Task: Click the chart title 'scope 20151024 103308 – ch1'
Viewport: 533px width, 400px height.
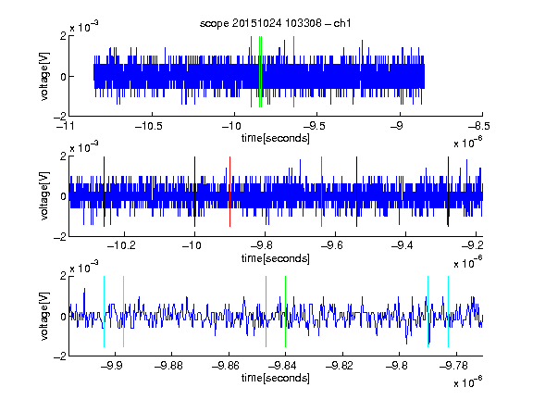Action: coord(275,23)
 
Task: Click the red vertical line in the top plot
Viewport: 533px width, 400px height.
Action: coord(251,72)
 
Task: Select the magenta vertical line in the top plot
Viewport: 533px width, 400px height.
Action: coord(293,72)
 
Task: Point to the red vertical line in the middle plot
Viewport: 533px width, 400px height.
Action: coord(229,192)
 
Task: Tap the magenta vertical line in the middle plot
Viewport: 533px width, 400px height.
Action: coord(322,192)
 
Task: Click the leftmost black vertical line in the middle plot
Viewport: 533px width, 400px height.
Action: coord(104,192)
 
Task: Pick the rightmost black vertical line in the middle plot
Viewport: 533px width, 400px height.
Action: coord(448,192)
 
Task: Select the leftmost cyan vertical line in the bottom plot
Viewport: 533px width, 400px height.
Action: coord(104,311)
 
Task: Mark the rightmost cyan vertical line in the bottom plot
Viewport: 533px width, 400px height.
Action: coord(448,311)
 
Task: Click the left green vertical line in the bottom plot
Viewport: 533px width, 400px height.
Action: coord(266,311)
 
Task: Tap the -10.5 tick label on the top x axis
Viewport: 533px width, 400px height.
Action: coord(149,127)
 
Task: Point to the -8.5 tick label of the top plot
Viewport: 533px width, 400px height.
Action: coord(479,127)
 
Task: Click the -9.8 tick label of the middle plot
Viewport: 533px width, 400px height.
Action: coord(262,245)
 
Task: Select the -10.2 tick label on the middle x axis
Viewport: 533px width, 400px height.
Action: coord(121,245)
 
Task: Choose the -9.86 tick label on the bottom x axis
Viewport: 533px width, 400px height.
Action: coord(226,366)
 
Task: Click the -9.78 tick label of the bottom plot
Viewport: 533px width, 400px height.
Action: coord(453,366)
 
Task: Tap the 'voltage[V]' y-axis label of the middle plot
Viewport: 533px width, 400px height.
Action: coord(44,196)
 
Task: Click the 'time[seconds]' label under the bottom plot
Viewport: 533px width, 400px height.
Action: coord(276,378)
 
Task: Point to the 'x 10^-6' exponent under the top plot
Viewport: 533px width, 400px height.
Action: coord(467,142)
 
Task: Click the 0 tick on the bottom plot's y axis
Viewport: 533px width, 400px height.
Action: coord(63,317)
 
